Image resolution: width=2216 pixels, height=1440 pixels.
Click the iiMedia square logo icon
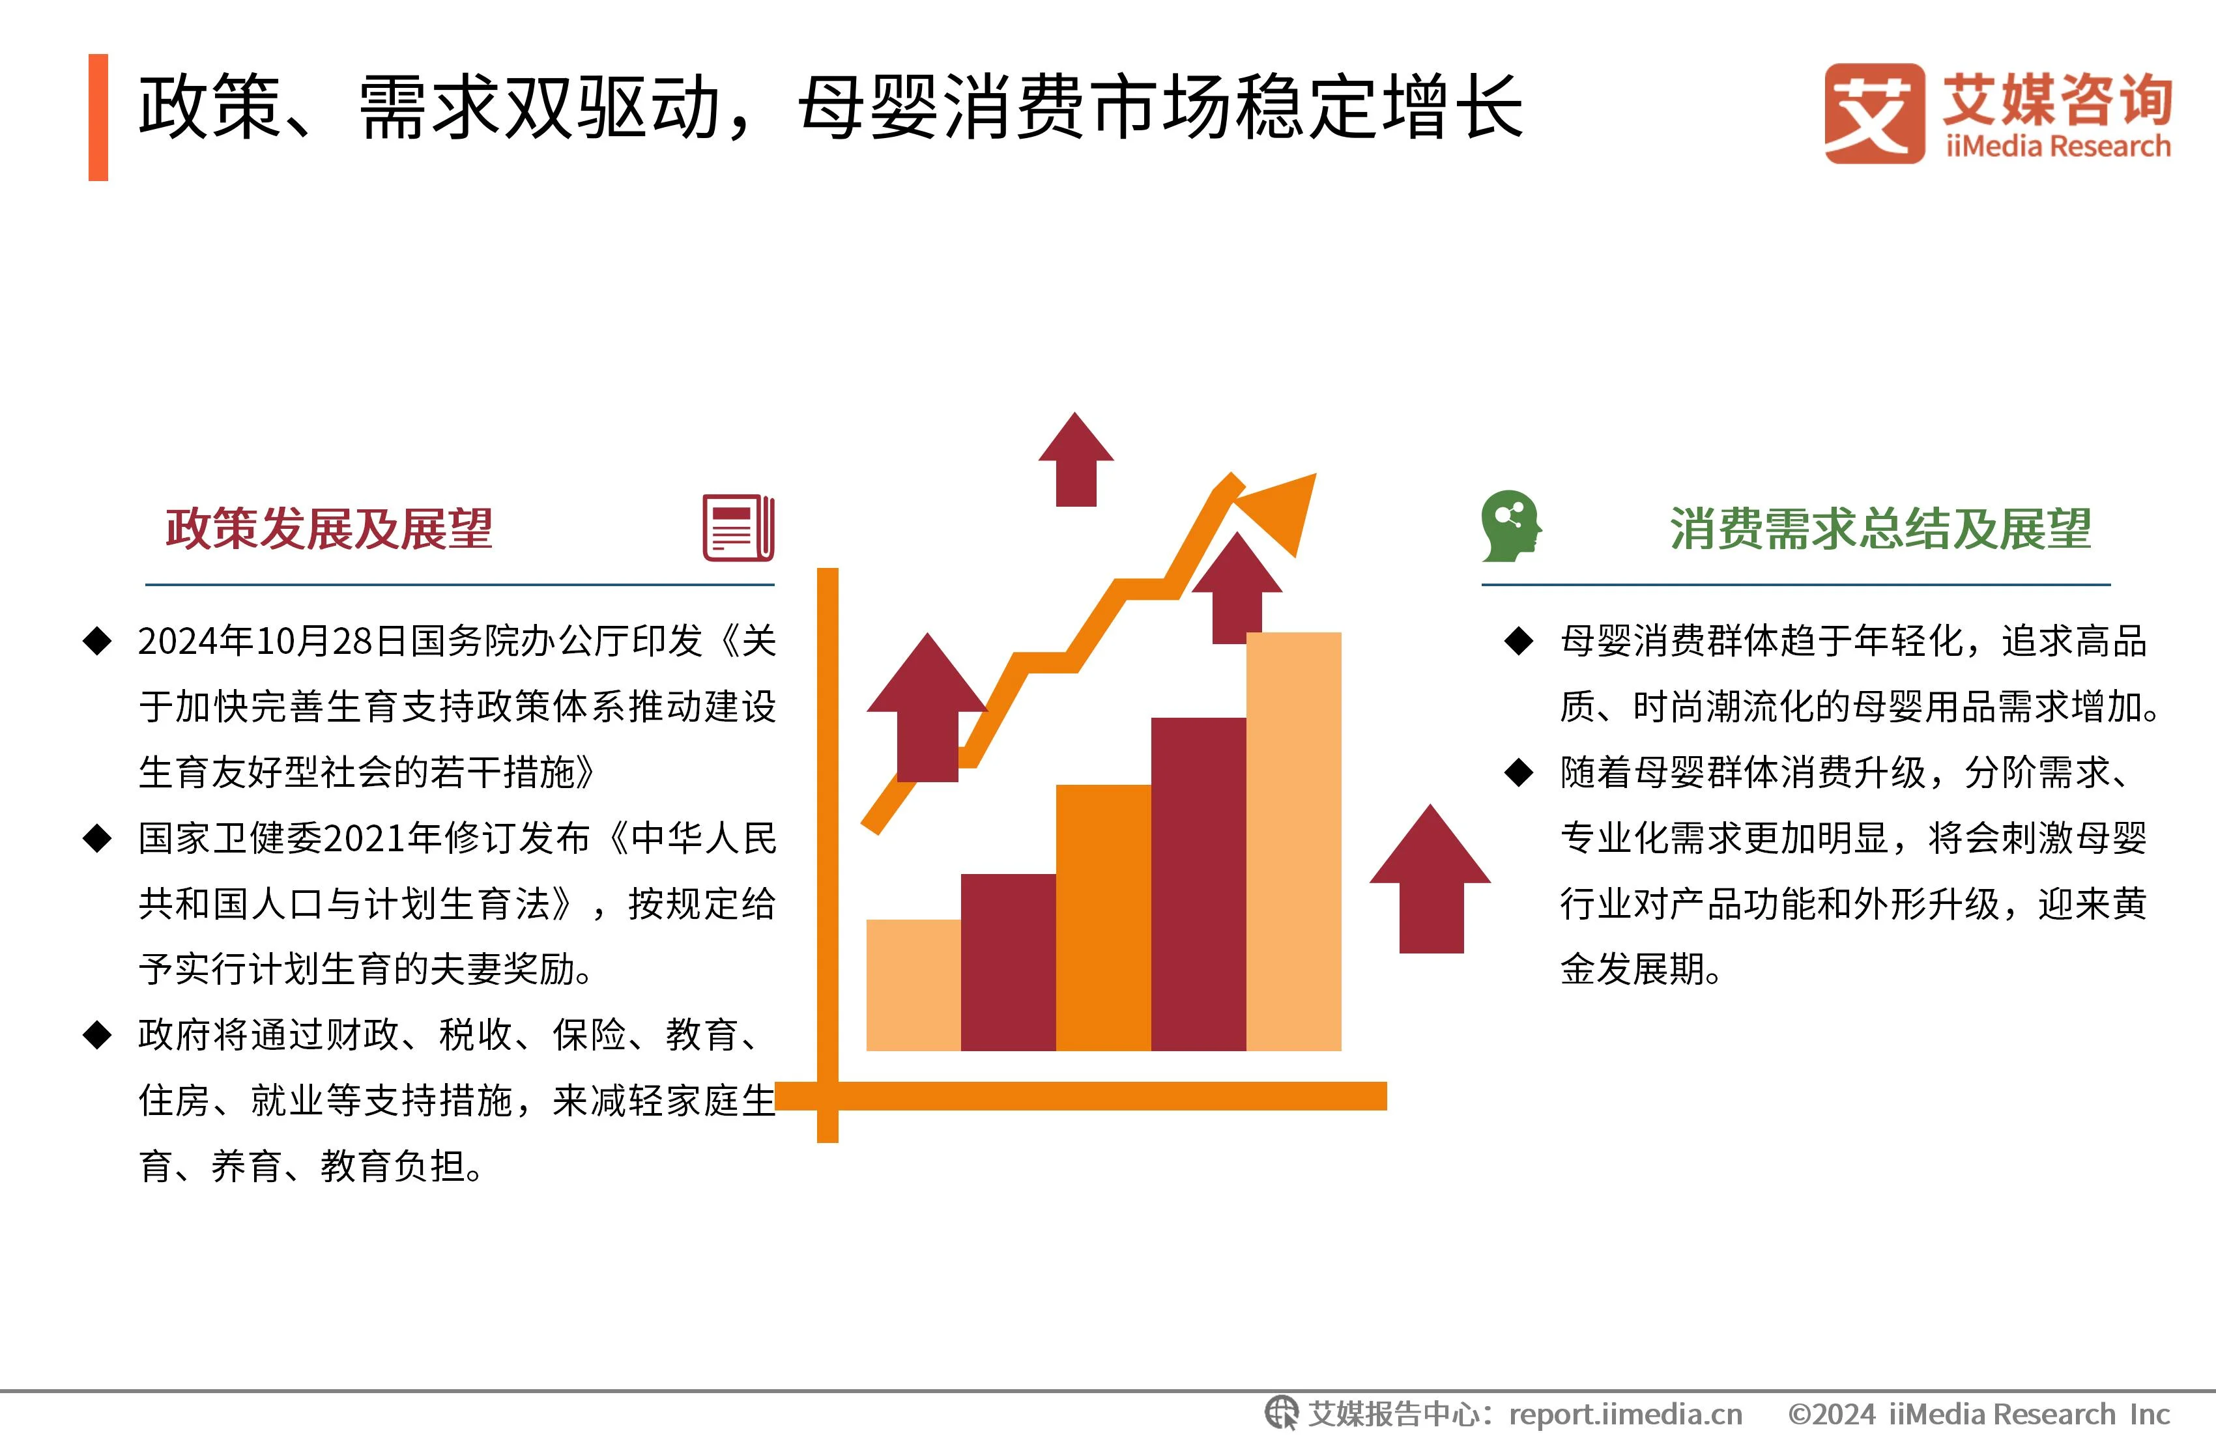(1873, 113)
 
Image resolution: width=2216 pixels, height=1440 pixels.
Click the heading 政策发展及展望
(328, 529)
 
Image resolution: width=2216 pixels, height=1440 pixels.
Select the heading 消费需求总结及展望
(1881, 529)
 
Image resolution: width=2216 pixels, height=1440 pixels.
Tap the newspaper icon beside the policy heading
(738, 528)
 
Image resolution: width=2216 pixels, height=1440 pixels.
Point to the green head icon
(1510, 526)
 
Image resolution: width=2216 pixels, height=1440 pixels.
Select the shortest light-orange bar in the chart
(912, 985)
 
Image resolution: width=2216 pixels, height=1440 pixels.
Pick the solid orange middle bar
(1103, 917)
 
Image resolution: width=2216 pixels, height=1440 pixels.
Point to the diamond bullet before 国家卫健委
(98, 838)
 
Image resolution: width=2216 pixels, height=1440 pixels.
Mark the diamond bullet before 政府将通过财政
(98, 1034)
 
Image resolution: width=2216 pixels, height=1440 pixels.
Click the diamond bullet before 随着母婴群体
(1519, 772)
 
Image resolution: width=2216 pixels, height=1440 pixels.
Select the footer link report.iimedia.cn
(1625, 1415)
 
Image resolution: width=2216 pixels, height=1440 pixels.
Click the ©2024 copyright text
(1830, 1415)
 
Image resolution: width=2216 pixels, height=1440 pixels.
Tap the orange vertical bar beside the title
(98, 117)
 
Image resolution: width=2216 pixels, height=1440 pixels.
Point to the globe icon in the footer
(1281, 1413)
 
